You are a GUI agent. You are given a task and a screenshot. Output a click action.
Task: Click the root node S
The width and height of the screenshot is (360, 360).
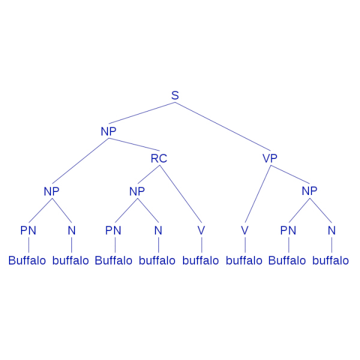pyautogui.click(x=175, y=95)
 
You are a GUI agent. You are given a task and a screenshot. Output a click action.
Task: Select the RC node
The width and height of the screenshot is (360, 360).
pyautogui.click(x=159, y=158)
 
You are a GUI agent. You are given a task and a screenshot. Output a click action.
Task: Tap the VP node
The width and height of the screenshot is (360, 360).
pyautogui.click(x=271, y=158)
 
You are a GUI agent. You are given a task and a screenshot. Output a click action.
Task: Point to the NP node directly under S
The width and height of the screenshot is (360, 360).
pyautogui.click(x=109, y=131)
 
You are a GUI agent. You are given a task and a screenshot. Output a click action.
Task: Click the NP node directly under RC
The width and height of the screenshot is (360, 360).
pyautogui.click(x=137, y=191)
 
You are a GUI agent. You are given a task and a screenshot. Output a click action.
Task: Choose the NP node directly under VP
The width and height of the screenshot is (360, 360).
pyautogui.click(x=309, y=191)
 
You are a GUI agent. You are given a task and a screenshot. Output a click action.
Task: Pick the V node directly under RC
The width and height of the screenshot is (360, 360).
pyautogui.click(x=202, y=230)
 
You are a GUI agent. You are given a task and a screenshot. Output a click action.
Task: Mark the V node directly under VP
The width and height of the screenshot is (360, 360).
pyautogui.click(x=245, y=230)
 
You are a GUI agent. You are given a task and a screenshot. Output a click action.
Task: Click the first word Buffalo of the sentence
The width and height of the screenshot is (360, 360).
pyautogui.click(x=27, y=261)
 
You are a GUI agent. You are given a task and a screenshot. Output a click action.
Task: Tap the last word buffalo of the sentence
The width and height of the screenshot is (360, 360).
pyautogui.click(x=331, y=261)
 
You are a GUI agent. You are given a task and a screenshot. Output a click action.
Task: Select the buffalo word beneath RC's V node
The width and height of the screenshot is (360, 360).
pyautogui.click(x=200, y=261)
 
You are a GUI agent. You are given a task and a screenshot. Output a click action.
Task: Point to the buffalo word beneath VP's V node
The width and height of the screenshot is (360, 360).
pyautogui.click(x=244, y=261)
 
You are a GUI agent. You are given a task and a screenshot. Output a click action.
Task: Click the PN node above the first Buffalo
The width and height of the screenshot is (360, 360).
pyautogui.click(x=28, y=230)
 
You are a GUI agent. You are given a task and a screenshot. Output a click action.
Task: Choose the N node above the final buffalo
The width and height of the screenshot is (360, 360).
pyautogui.click(x=331, y=230)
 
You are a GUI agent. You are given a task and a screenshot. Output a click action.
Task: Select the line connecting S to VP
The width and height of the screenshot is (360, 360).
pyautogui.click(x=222, y=127)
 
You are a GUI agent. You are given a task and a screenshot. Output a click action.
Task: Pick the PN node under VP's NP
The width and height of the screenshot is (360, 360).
pyautogui.click(x=289, y=230)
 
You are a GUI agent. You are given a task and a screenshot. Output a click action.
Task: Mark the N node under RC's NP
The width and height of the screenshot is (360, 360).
pyautogui.click(x=158, y=230)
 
